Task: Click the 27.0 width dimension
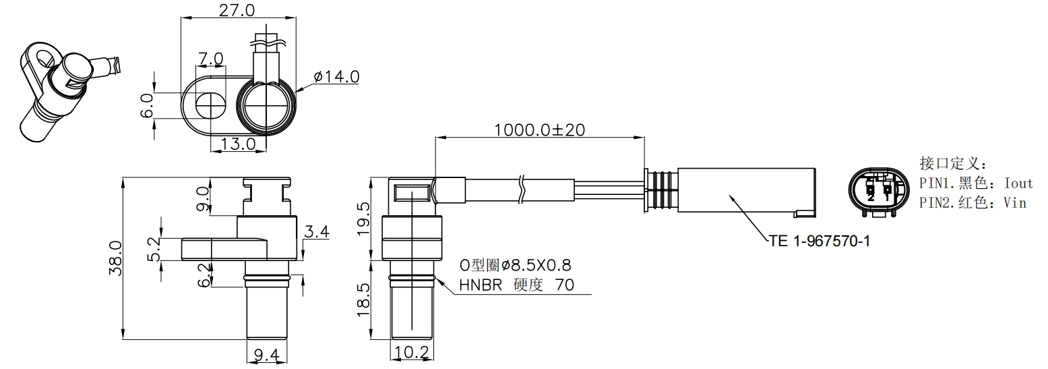coord(237,10)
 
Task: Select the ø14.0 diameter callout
coord(335,77)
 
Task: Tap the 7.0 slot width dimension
coord(210,59)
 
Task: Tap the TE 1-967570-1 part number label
coord(819,240)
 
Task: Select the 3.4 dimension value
coord(317,233)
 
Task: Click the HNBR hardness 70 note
coord(516,285)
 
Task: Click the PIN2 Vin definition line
coord(973,202)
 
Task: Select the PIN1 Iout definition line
coord(975,183)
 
